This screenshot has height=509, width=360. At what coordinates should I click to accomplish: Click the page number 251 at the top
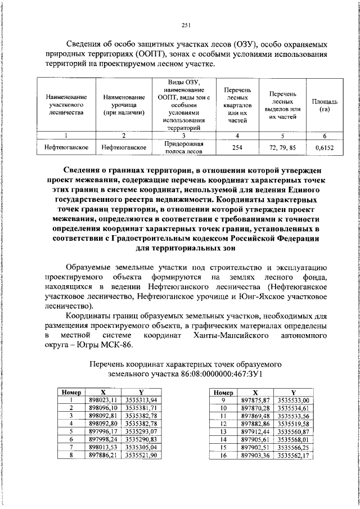(187, 24)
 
